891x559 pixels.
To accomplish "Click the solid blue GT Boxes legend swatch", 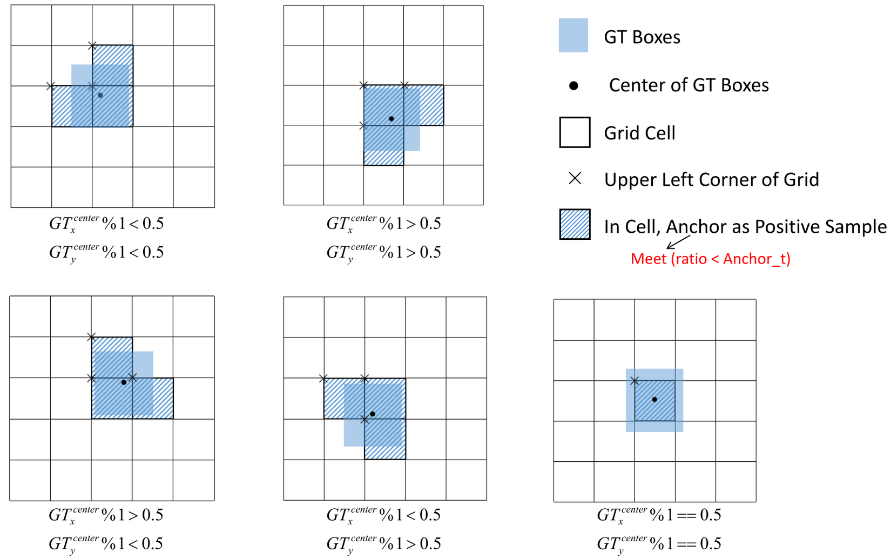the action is pos(573,35).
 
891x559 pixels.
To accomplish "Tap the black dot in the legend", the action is pos(573,85).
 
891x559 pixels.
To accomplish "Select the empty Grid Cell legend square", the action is pos(575,132).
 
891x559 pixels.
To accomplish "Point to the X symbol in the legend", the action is pos(575,178).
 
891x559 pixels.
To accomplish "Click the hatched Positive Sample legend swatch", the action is pos(575,224).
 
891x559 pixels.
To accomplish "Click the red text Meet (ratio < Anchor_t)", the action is pos(711,259).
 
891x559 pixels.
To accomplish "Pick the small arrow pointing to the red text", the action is pos(678,242).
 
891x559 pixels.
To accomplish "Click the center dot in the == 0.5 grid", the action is pos(654,400).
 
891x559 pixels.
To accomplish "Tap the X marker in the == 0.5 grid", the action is pos(634,381).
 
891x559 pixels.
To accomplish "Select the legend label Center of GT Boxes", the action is pos(689,85).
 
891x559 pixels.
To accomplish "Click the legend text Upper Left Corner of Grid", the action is pos(712,179).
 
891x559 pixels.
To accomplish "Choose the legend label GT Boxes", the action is pos(642,37).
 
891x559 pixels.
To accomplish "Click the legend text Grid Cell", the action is pos(639,133).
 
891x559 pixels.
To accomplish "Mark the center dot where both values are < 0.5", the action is pos(100,96).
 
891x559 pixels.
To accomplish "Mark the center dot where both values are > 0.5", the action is pos(391,119).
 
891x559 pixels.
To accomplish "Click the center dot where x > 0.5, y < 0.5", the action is pos(124,382).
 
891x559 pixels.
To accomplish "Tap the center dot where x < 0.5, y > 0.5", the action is pos(372,414).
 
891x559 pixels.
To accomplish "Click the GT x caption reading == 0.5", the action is pos(659,515).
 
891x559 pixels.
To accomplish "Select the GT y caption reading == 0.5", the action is pos(659,544).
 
